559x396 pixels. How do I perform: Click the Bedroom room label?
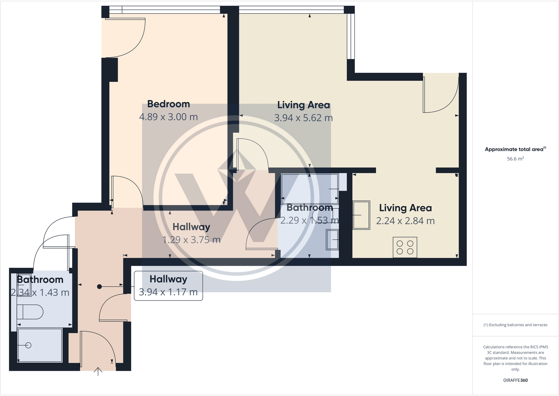point(168,104)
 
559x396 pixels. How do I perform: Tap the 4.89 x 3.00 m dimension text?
point(168,117)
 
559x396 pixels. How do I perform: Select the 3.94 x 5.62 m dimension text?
point(303,118)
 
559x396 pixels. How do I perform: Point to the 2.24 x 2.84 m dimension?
point(405,221)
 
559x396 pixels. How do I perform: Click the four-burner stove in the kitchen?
point(405,247)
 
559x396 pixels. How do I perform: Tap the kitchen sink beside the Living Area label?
point(361,215)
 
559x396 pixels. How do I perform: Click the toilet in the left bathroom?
point(30,312)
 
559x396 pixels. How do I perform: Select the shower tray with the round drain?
point(40,345)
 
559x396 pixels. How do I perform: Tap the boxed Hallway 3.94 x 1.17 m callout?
point(168,286)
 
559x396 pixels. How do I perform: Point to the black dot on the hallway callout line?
point(99,287)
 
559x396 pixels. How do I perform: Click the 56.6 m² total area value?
point(515,159)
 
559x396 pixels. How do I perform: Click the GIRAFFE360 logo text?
point(515,380)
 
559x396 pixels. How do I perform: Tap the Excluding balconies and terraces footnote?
point(515,325)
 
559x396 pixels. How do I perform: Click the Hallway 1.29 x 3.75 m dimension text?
point(191,240)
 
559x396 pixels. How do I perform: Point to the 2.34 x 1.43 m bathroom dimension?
point(40,293)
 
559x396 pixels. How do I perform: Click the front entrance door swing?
point(96,348)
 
